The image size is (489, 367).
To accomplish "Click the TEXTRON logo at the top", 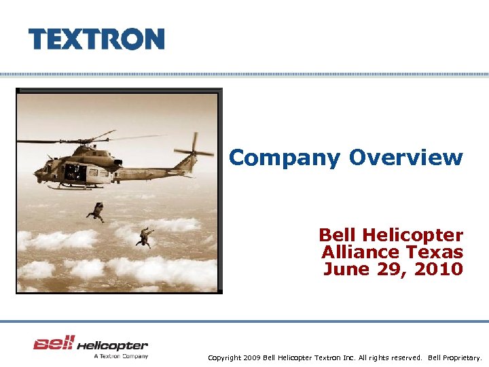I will pyautogui.click(x=96, y=39).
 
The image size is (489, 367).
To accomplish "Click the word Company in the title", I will pyautogui.click(x=284, y=158).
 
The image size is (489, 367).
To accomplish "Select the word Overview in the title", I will pyautogui.click(x=405, y=158).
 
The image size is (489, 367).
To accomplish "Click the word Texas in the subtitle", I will pyautogui.click(x=435, y=252).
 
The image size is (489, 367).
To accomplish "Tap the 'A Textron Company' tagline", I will pyautogui.click(x=120, y=355).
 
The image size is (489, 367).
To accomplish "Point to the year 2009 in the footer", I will pyautogui.click(x=252, y=357).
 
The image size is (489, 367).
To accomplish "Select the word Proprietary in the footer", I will pyautogui.click(x=461, y=357).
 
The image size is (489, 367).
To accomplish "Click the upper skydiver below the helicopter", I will pyautogui.click(x=97, y=211).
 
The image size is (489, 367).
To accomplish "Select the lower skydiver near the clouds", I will pyautogui.click(x=144, y=237).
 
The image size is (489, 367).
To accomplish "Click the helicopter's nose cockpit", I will pyautogui.click(x=48, y=167).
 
